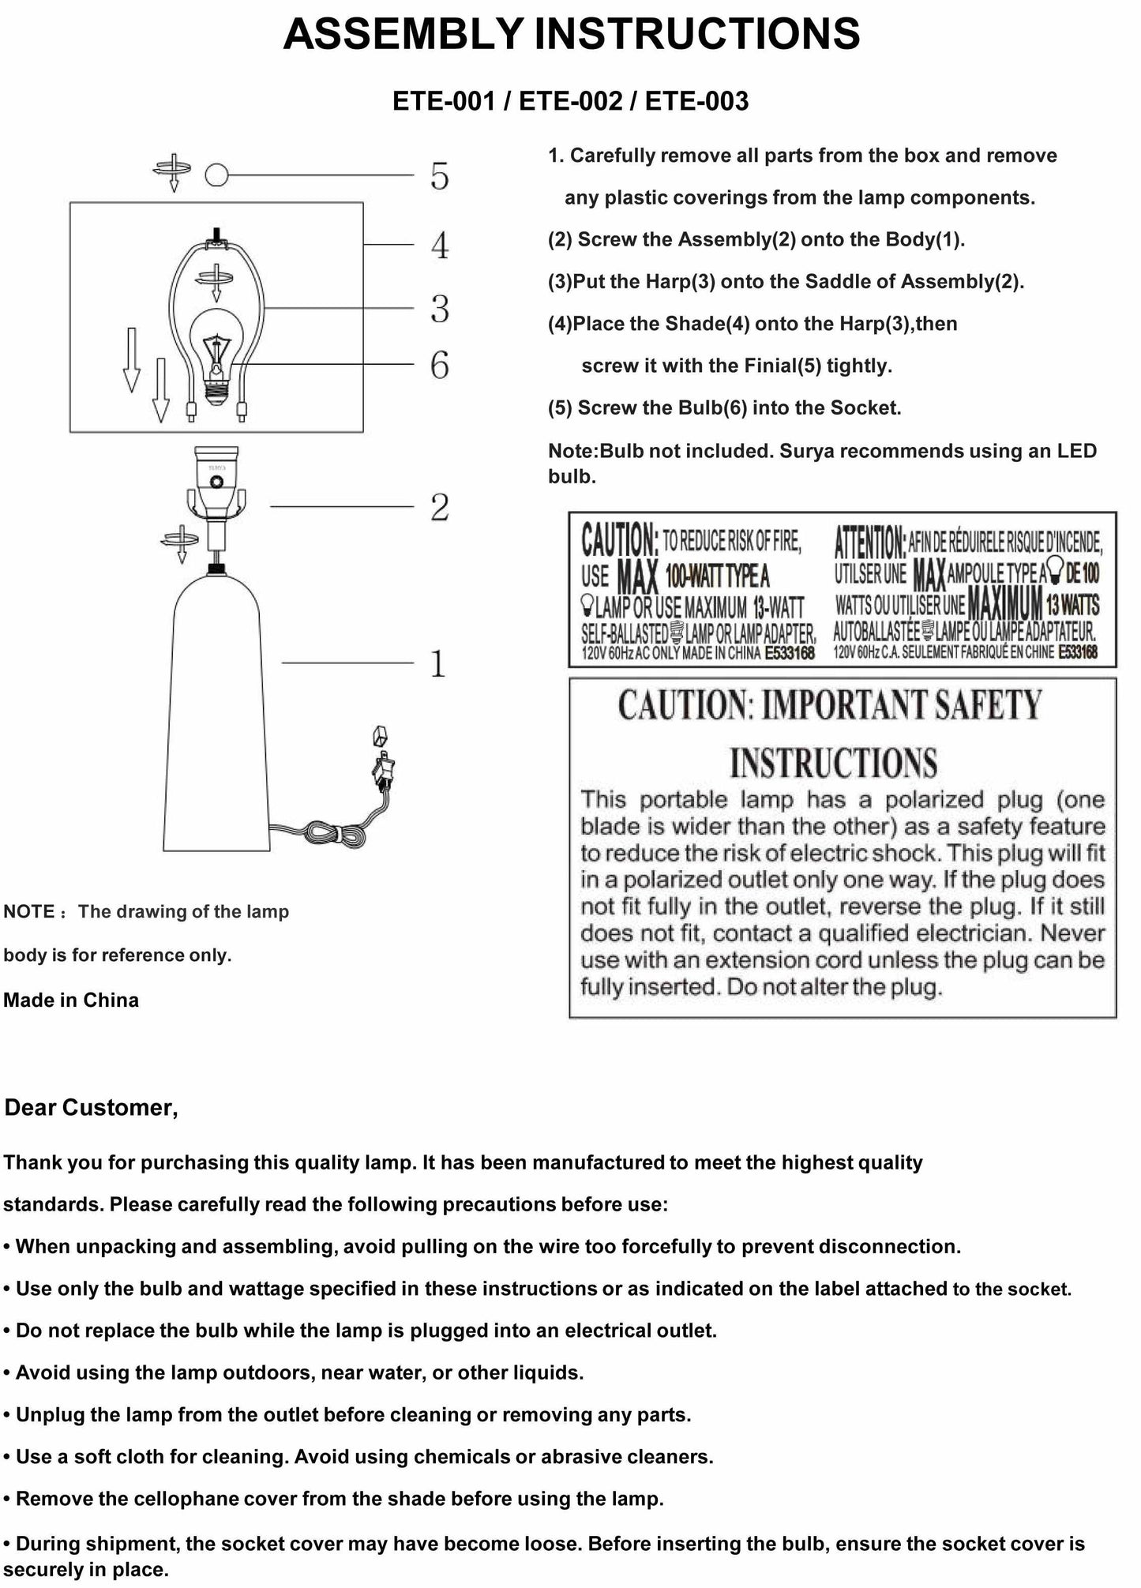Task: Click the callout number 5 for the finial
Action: pyautogui.click(x=440, y=176)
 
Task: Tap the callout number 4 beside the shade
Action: pyautogui.click(x=440, y=246)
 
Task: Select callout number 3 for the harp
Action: pyautogui.click(x=440, y=309)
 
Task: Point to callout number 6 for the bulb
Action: pyautogui.click(x=440, y=365)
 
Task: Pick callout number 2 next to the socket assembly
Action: pyautogui.click(x=440, y=507)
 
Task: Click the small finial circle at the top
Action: pyautogui.click(x=216, y=175)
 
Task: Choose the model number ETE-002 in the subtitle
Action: pyautogui.click(x=570, y=101)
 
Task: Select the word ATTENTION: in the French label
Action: pyautogui.click(x=869, y=542)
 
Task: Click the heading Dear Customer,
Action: pyautogui.click(x=92, y=1108)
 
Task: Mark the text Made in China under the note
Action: pyautogui.click(x=71, y=1000)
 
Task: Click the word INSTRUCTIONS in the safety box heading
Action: pyautogui.click(x=833, y=763)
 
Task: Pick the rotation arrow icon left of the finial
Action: pyautogui.click(x=173, y=170)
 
